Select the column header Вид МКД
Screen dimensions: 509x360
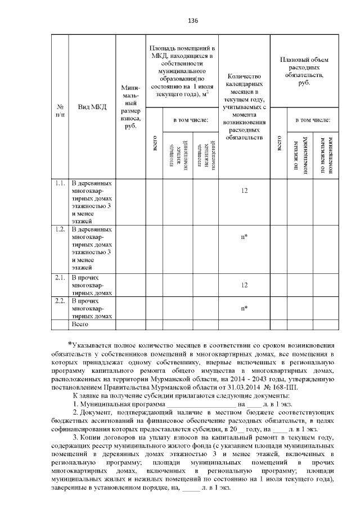pos(91,107)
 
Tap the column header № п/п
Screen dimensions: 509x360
pos(60,107)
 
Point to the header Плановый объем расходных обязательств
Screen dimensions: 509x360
pos(304,71)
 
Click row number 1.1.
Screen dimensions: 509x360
pos(60,183)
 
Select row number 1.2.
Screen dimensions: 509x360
pos(60,229)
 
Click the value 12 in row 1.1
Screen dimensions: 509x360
pos(244,191)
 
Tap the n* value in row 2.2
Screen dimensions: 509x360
pos(244,308)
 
